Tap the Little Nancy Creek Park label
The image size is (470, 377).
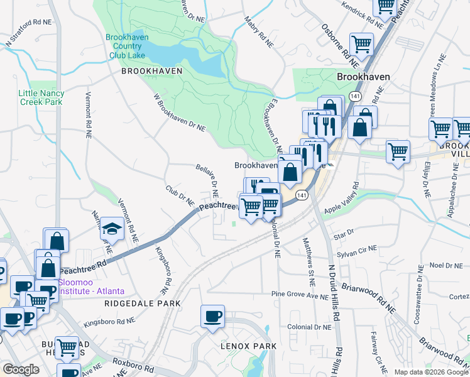(41, 97)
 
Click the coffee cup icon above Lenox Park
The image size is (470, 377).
(212, 316)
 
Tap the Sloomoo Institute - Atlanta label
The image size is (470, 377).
(91, 287)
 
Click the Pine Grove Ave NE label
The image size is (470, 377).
(301, 293)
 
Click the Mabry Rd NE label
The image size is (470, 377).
(259, 33)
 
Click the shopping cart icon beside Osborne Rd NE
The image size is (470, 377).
(361, 45)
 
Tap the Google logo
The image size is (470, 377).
(21, 370)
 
